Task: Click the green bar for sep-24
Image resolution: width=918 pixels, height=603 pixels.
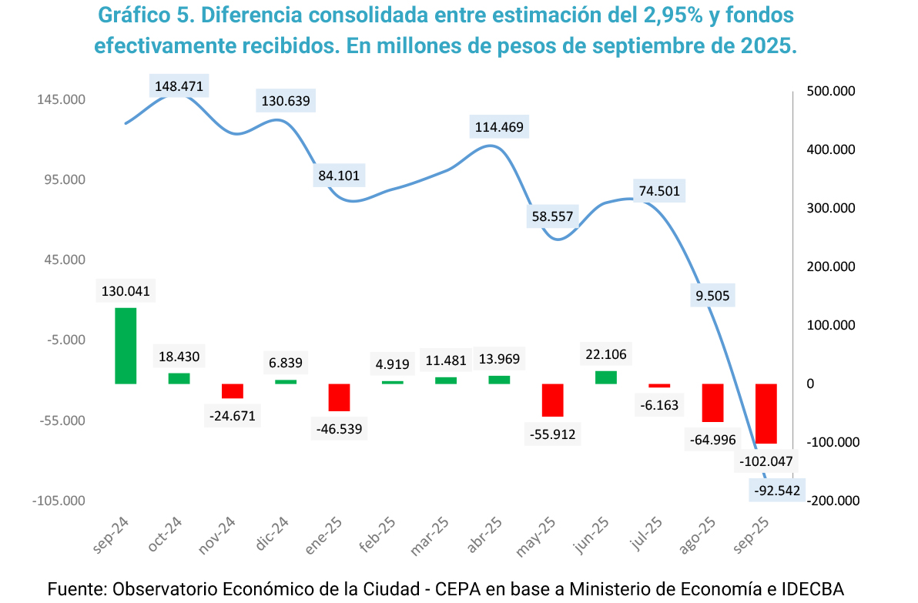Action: [126, 346]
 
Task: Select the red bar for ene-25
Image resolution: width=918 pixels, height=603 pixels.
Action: [340, 397]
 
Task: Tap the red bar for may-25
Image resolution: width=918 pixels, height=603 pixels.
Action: [553, 400]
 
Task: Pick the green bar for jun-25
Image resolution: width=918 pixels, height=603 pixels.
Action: [606, 377]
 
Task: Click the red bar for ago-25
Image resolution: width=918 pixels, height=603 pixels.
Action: [713, 403]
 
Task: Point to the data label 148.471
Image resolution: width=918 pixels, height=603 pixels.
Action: [179, 86]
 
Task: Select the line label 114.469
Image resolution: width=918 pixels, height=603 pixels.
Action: [502, 127]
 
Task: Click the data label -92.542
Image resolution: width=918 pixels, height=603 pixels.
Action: [776, 490]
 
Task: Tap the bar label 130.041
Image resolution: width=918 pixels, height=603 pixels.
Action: [126, 291]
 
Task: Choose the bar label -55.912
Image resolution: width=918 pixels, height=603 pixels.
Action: [553, 434]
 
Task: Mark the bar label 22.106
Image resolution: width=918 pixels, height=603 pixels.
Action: [606, 354]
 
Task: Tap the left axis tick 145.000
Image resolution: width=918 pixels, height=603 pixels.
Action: [59, 100]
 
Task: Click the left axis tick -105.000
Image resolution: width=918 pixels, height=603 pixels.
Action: [59, 501]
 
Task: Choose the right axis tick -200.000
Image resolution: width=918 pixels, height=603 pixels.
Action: [832, 501]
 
